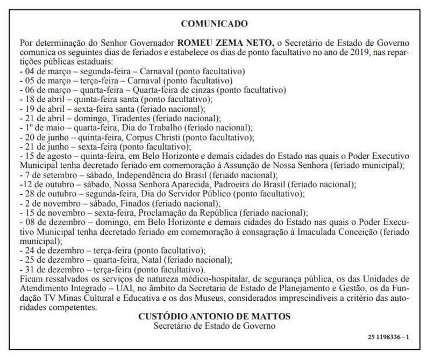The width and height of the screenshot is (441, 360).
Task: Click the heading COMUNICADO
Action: coord(214,24)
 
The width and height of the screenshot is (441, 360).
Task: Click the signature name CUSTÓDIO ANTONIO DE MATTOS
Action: coord(214,316)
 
